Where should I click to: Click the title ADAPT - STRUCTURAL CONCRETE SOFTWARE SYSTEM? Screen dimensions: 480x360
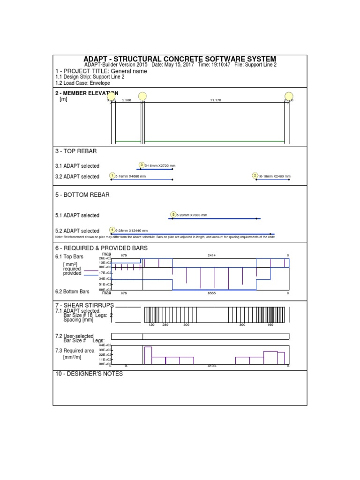coord(180,59)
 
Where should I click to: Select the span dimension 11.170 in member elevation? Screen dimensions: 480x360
coord(216,100)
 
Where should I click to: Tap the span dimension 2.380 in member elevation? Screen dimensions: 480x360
coord(127,100)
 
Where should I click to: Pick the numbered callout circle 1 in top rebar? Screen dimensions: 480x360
coord(112,176)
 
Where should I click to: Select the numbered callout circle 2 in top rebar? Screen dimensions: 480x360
coord(255,176)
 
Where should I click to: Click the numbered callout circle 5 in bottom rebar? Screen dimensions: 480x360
coord(173,215)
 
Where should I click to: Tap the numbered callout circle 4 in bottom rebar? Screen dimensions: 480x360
coord(112,230)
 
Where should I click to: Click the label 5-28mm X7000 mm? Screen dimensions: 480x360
coord(192,215)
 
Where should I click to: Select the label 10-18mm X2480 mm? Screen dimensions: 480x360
coord(274,177)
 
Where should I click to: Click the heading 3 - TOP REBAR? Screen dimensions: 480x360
coord(76,151)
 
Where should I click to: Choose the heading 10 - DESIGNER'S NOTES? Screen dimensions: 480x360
coord(89,374)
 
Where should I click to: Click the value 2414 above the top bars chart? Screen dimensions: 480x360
coord(212,255)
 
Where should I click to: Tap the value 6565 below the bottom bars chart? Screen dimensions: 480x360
coord(212,293)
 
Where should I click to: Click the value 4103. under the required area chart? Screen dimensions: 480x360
coord(212,366)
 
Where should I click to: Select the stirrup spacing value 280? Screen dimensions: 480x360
coord(165,324)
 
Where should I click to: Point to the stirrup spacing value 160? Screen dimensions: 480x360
coord(270,324)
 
